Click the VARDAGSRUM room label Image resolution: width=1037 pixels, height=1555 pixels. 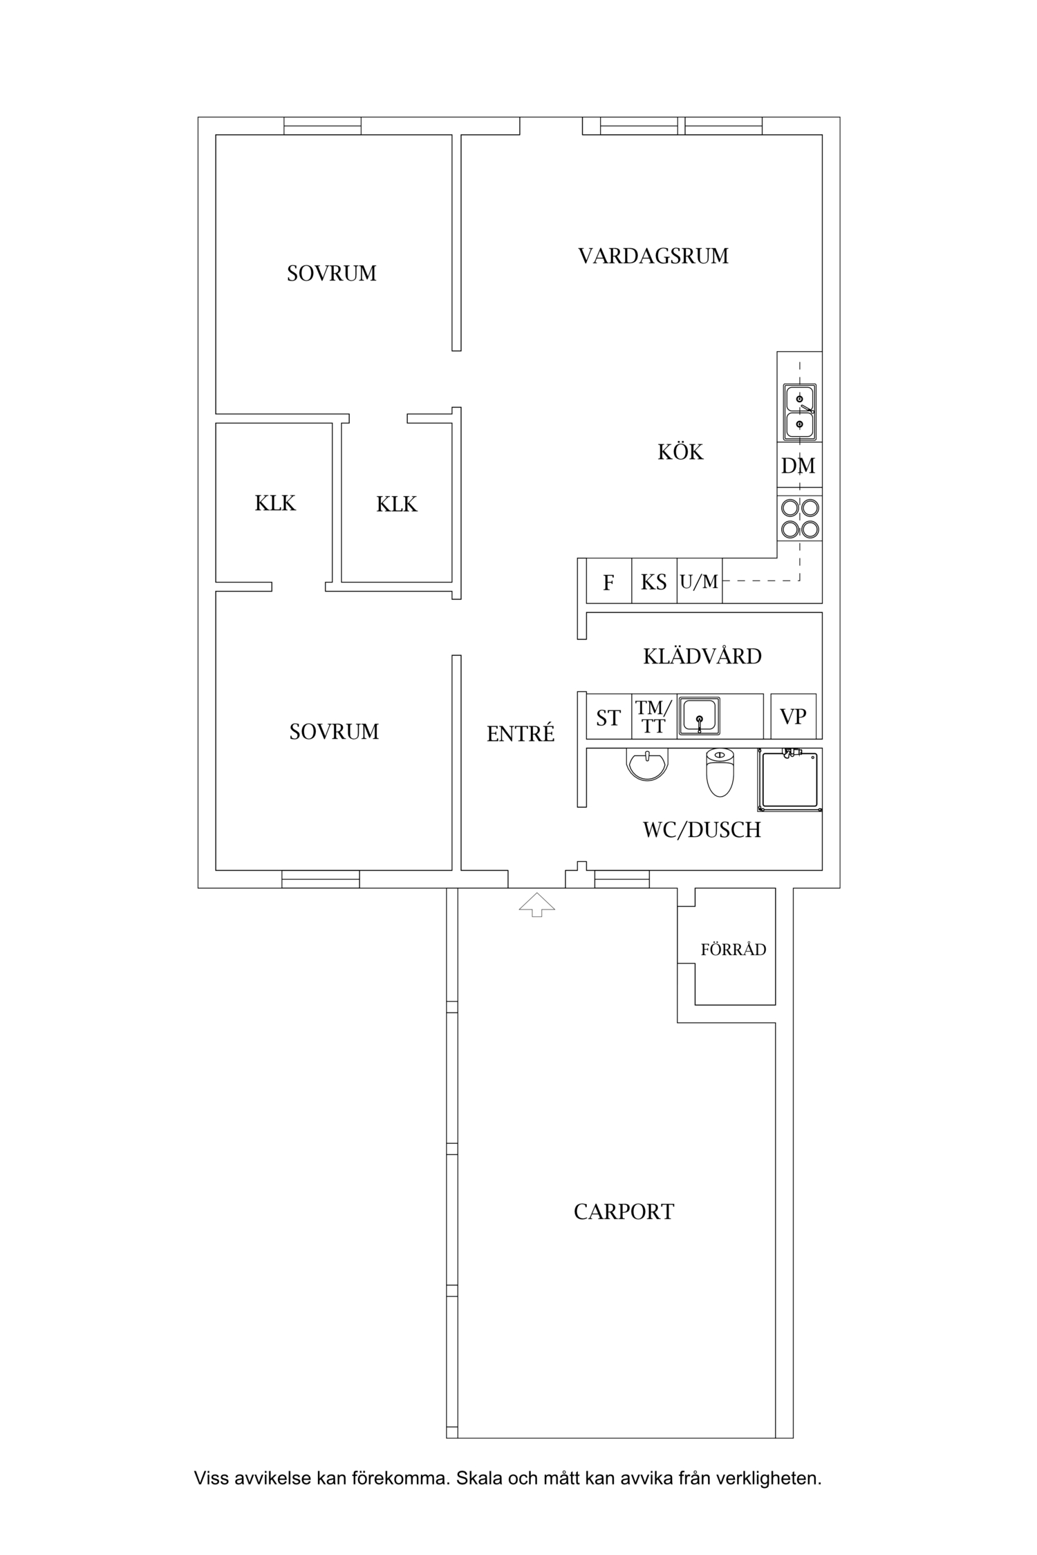click(653, 256)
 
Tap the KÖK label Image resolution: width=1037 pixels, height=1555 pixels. click(680, 452)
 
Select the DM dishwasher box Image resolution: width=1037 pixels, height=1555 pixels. click(799, 466)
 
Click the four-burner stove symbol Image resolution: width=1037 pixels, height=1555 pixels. click(800, 519)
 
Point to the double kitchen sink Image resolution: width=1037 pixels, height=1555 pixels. click(800, 412)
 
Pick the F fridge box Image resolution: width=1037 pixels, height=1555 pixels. click(608, 581)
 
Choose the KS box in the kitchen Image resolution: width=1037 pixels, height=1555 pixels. click(654, 581)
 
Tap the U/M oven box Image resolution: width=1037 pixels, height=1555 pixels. click(700, 581)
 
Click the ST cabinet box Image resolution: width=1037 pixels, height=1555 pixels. click(608, 717)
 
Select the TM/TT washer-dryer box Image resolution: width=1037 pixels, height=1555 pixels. click(654, 717)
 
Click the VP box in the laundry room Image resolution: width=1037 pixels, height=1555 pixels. click(794, 717)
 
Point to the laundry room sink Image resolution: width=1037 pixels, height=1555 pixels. click(700, 716)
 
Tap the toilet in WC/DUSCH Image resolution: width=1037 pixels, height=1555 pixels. click(720, 772)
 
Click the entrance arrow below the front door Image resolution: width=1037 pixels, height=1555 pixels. click(537, 905)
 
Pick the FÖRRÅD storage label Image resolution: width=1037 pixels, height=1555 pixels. click(734, 950)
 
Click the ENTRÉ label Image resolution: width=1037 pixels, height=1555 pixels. click(521, 733)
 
